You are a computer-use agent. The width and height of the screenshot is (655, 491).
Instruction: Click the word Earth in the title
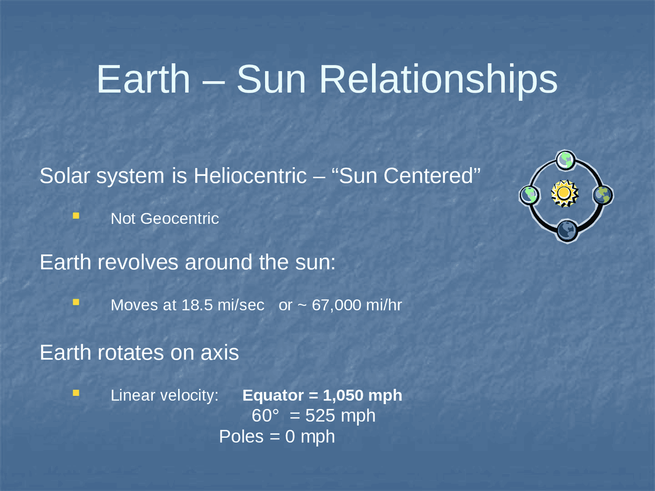[143, 79]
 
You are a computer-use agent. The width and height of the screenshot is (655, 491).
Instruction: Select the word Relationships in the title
[438, 79]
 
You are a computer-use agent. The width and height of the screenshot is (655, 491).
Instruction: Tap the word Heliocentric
[250, 176]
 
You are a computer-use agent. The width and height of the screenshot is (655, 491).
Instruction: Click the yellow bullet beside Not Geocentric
[76, 216]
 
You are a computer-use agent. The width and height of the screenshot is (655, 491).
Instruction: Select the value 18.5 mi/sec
[223, 305]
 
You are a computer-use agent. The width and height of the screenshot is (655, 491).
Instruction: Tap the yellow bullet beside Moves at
[76, 302]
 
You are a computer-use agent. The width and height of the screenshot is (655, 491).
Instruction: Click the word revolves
[138, 262]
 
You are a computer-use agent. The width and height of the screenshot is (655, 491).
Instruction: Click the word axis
[220, 353]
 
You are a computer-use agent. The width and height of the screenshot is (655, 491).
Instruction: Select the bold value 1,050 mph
[362, 395]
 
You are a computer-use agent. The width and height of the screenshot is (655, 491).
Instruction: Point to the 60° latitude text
[265, 416]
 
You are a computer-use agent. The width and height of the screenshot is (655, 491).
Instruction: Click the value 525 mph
[340, 416]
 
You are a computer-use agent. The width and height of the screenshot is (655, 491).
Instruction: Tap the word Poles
[241, 437]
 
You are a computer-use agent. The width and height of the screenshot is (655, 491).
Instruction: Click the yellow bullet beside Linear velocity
[76, 393]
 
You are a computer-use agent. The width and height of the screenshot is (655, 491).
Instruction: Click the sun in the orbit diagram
[564, 193]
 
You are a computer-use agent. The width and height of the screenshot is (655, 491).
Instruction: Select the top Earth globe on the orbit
[565, 161]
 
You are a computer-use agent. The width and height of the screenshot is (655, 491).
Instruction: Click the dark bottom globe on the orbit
[567, 231]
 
